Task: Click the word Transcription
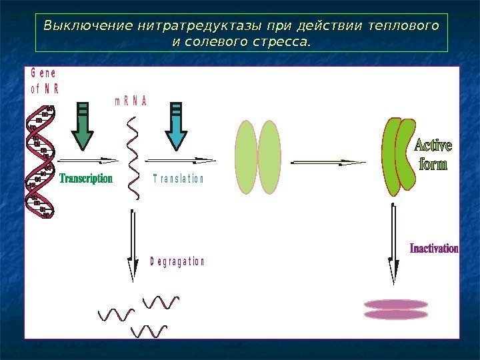click(x=87, y=179)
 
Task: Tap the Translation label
click(x=178, y=179)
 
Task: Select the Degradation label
click(x=177, y=262)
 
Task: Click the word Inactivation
click(x=433, y=249)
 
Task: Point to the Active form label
click(x=433, y=154)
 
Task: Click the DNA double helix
click(x=40, y=163)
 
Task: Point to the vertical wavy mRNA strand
click(x=134, y=157)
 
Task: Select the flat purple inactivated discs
click(x=396, y=309)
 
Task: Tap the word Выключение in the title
click(x=86, y=27)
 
